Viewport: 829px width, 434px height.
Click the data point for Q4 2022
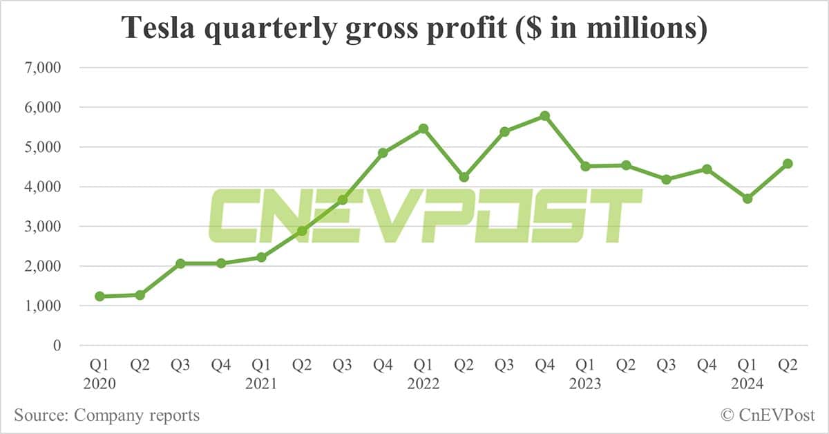pos(544,116)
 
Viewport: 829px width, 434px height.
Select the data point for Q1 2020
pos(99,296)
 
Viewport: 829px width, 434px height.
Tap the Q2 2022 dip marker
pos(464,178)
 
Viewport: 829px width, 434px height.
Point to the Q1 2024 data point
pos(747,198)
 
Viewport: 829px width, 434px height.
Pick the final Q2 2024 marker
pos(788,164)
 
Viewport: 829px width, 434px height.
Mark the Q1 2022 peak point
pos(423,129)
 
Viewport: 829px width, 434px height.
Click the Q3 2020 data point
pos(180,263)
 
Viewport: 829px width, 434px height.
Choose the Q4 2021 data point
pos(383,153)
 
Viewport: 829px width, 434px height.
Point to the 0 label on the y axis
pos(57,346)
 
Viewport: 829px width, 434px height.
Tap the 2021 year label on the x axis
pos(261,384)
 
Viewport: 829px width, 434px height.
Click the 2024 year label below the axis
pos(747,384)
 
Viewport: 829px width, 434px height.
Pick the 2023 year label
pos(585,384)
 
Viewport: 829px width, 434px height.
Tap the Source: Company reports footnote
pos(106,415)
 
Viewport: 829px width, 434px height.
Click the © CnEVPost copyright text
pos(768,415)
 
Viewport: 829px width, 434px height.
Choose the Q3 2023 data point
pos(666,180)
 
